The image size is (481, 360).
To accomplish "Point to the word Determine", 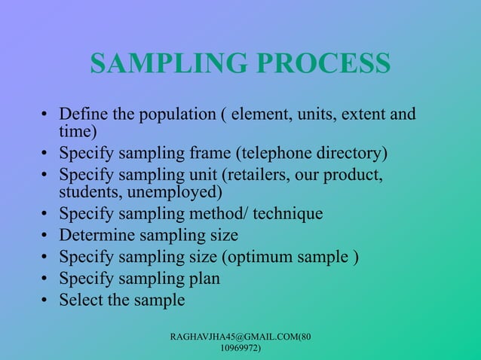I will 97,235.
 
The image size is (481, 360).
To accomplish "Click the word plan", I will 203,279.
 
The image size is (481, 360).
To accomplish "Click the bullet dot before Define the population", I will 46,117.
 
